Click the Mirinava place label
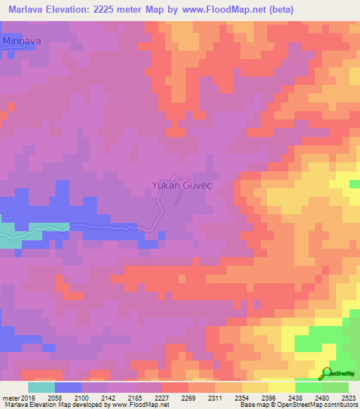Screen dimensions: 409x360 (22, 41)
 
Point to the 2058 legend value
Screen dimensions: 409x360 (68, 398)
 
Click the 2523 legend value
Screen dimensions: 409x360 (349, 398)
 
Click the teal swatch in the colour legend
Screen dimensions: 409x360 (41, 387)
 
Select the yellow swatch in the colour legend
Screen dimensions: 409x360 (281, 387)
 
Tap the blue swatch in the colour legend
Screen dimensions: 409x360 (68, 387)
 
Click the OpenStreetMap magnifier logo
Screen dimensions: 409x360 (328, 372)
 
